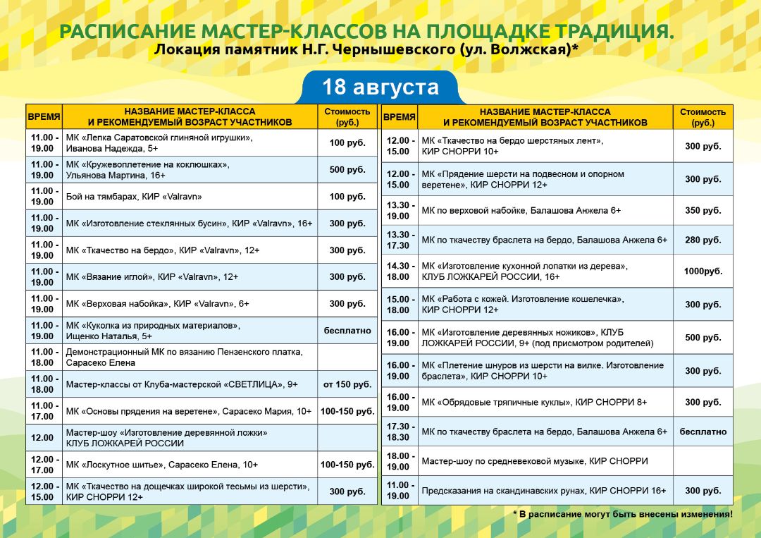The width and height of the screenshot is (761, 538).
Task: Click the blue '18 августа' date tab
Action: pyautogui.click(x=380, y=87)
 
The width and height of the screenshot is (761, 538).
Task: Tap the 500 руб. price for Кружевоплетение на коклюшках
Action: pyautogui.click(x=347, y=170)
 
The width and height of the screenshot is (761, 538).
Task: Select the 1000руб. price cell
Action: pyautogui.click(x=703, y=271)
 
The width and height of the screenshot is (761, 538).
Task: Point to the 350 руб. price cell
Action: pyautogui.click(x=703, y=211)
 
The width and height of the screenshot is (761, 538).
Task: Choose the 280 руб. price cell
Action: pyautogui.click(x=703, y=240)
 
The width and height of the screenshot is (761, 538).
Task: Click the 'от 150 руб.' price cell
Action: pyautogui.click(x=347, y=384)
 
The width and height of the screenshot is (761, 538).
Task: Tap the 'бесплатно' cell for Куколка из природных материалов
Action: pyautogui.click(x=347, y=331)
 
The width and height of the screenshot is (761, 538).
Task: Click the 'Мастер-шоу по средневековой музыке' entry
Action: pyautogui.click(x=503, y=461)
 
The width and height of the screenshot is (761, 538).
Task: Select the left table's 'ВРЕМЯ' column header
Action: pyautogui.click(x=44, y=117)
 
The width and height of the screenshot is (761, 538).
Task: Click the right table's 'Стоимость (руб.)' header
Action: pyautogui.click(x=703, y=117)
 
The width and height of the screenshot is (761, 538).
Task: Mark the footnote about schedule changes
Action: pyautogui.click(x=623, y=514)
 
